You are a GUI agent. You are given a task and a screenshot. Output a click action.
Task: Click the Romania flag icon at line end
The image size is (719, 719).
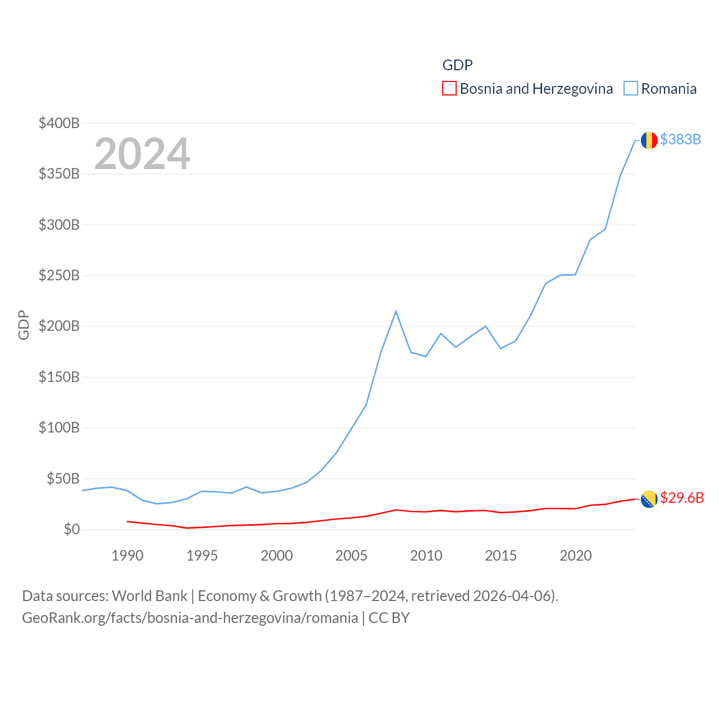tap(649, 140)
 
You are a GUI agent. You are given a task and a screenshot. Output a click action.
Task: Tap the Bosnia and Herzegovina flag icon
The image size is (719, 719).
tap(649, 498)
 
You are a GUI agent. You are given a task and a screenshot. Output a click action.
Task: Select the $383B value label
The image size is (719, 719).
tap(680, 139)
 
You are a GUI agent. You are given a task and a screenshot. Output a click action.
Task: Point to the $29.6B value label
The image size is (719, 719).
tap(682, 498)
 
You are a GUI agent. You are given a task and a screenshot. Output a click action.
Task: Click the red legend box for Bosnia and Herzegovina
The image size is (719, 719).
tap(449, 89)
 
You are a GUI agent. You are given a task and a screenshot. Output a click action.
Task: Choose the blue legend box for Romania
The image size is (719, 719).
tap(631, 89)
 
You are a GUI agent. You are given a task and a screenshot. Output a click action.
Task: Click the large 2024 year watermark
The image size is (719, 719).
tap(142, 154)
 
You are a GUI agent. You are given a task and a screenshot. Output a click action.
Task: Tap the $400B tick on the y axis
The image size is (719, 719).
tap(59, 123)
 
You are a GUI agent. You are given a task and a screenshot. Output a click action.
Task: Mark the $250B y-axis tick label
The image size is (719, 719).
tap(59, 275)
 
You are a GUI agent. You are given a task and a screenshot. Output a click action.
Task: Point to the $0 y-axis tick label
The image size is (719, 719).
tap(72, 529)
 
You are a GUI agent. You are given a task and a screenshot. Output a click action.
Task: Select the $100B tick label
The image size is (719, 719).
tap(59, 427)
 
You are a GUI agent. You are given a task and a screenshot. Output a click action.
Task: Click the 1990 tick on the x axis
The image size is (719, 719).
tap(128, 556)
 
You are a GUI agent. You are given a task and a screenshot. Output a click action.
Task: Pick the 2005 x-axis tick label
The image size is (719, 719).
tap(352, 556)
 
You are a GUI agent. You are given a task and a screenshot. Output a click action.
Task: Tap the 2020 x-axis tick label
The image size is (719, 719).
tap(576, 556)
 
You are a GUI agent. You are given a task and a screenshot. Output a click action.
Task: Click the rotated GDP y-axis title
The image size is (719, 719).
tap(24, 325)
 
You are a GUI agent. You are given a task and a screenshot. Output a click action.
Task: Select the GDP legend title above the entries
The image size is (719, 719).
tap(457, 65)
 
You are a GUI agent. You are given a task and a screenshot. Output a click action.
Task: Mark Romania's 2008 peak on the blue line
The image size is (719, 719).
tap(396, 311)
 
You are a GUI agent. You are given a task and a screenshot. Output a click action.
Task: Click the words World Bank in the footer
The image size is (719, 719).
tap(149, 596)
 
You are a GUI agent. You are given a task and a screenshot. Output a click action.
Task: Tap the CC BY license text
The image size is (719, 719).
tap(389, 618)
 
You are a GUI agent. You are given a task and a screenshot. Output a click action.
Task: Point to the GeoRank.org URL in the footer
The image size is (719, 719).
tap(190, 618)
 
